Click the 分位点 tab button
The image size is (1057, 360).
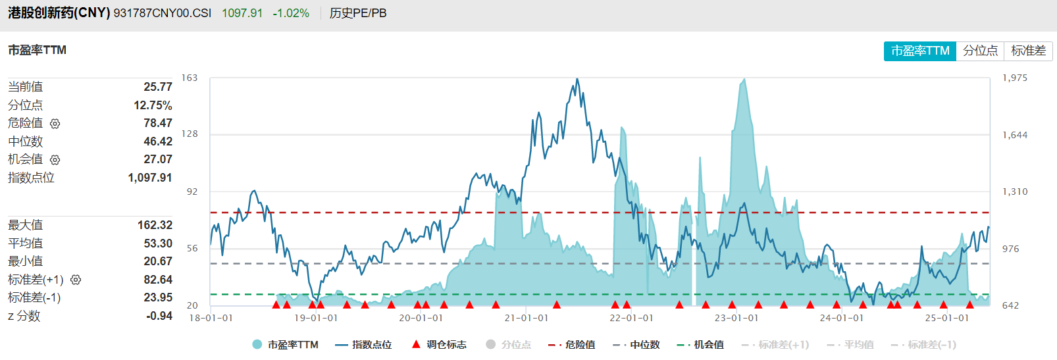point(980,51)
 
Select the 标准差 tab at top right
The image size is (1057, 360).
point(1028,51)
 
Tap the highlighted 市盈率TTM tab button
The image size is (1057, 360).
point(919,51)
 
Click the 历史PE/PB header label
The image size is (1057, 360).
point(358,13)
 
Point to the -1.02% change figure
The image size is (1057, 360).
point(291,13)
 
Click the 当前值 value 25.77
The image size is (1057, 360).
point(158,87)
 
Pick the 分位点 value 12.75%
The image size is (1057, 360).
point(153,105)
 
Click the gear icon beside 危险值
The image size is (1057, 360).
point(55,124)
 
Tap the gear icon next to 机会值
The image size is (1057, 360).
point(55,160)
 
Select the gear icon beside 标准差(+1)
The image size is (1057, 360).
point(76,280)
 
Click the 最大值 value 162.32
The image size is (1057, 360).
point(155,225)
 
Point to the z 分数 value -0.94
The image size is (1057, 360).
point(159,316)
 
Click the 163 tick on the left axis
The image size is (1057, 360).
point(190,78)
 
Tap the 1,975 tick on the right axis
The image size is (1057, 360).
point(1014,78)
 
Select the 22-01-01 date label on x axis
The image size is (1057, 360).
point(631,318)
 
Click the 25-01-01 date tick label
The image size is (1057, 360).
point(946,318)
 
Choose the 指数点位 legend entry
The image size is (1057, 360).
point(364,345)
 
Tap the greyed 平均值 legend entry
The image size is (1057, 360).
point(851,345)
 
